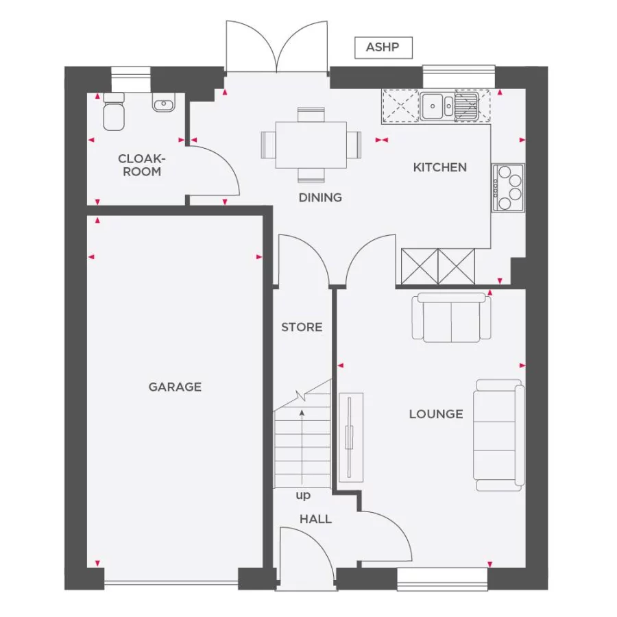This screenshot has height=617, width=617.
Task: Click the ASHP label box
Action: pos(383,47)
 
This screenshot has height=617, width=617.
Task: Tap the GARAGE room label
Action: pos(175,387)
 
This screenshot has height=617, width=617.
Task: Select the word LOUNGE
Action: pos(436,414)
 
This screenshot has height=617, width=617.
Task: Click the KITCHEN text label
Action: pos(439,167)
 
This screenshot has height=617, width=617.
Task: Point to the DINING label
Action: pos(320,197)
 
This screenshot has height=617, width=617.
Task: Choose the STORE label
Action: pos(302,327)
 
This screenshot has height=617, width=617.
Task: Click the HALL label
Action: pos(315,519)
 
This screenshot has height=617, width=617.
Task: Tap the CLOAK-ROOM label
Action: pos(142,165)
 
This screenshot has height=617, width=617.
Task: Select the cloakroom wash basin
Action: pos(163,105)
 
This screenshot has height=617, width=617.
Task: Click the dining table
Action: pos(311,145)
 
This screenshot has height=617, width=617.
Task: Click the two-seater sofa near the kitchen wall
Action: pos(451,317)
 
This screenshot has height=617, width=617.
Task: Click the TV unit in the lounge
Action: pos(350,437)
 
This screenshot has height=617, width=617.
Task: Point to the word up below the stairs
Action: pos(302,495)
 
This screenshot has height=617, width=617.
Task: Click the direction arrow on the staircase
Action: pos(302,446)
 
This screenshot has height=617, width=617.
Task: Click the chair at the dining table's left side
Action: pos(267,145)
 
